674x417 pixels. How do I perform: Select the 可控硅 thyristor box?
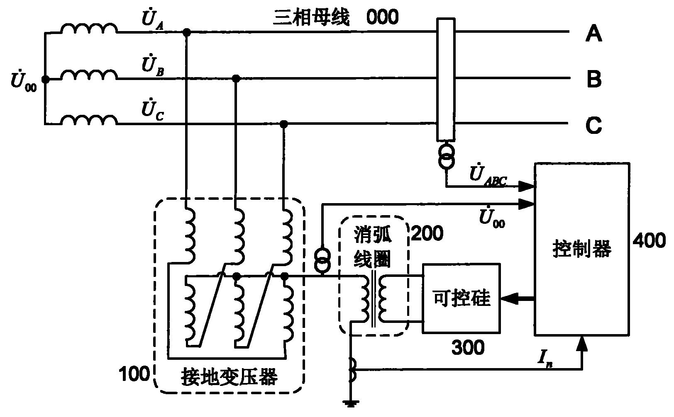click(461, 298)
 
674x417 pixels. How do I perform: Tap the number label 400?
click(649, 241)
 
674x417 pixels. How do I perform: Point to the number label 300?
click(467, 347)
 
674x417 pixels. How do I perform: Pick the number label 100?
click(134, 374)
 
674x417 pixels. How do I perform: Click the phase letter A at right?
click(593, 33)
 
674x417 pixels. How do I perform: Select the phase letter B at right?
click(593, 79)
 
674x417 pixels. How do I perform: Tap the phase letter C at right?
click(593, 125)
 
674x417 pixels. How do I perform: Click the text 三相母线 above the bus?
click(311, 17)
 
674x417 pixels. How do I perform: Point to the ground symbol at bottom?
click(351, 402)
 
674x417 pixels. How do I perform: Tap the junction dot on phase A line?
click(187, 32)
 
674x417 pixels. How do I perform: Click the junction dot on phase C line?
click(284, 124)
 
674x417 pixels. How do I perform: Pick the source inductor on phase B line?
click(89, 75)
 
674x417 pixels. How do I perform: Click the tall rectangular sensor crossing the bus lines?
click(445, 79)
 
